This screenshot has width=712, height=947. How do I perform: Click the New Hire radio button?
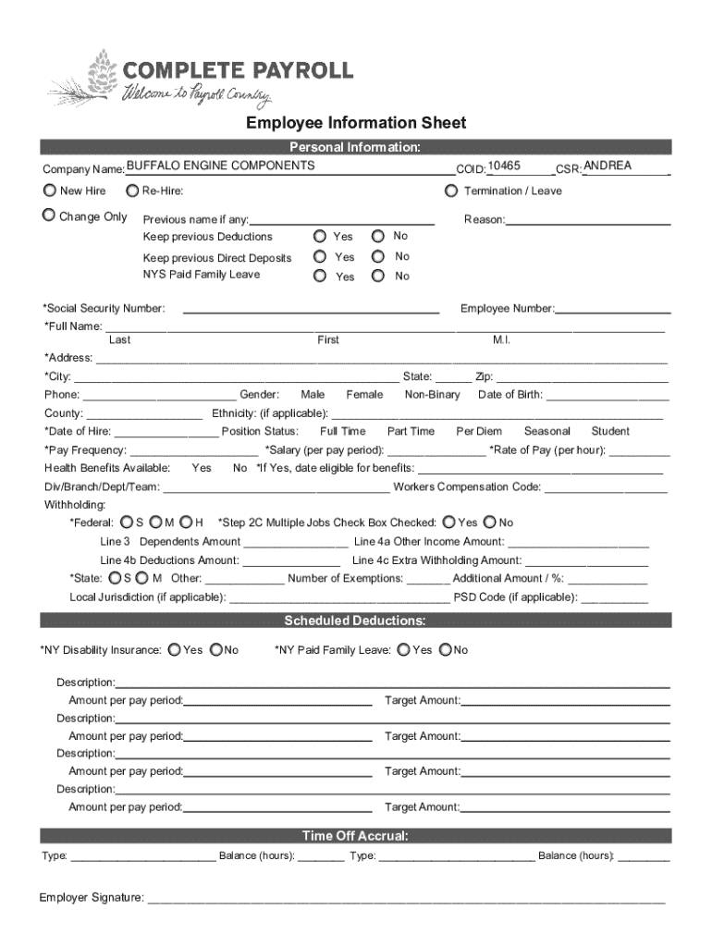49,191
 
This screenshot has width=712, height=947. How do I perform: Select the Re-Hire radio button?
130,191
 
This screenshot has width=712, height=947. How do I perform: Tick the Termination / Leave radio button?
450,191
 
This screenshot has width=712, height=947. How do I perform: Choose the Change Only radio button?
49,215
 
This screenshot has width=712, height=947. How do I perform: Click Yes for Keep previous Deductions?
320,236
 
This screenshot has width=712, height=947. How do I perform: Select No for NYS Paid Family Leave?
378,276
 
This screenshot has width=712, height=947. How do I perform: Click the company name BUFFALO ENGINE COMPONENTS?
220,166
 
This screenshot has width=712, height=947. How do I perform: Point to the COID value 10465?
504,166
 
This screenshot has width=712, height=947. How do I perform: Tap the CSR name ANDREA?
608,166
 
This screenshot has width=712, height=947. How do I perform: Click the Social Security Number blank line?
311,309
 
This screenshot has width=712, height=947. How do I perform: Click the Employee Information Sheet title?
356,123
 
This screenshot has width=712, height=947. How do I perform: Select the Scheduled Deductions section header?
355,621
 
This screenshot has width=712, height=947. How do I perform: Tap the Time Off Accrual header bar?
355,836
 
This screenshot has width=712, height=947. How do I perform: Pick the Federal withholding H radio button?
186,523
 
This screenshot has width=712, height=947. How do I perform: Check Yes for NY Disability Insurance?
175,650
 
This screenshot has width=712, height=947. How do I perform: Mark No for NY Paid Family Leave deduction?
446,650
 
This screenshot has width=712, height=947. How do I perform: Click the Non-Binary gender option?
432,395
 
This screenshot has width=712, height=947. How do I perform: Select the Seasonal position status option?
546,431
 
